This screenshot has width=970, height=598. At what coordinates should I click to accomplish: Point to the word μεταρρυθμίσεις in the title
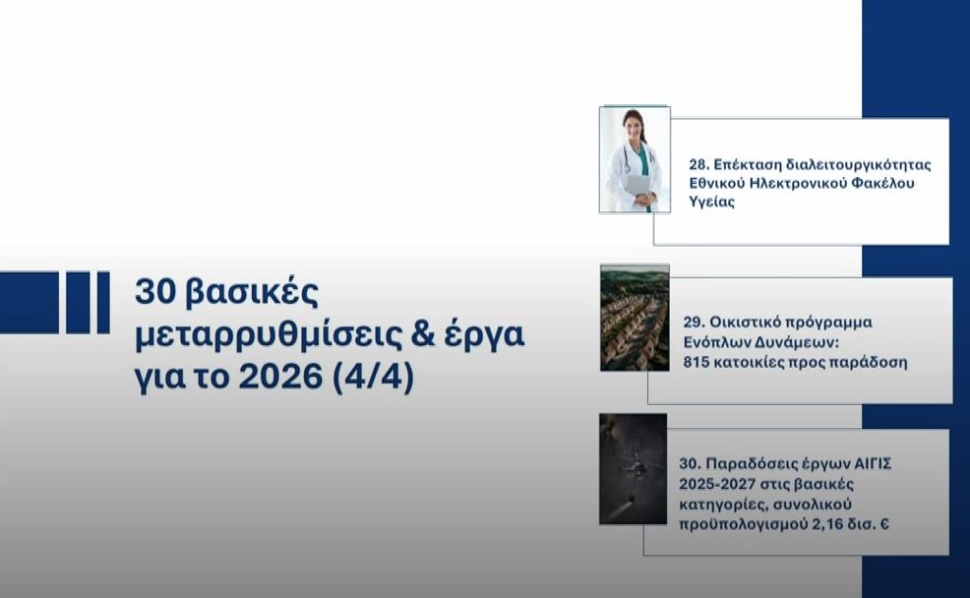pos(255,336)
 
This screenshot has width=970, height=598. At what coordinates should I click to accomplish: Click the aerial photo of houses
pos(635,317)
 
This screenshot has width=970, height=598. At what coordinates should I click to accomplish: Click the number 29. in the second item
pos(693,321)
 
